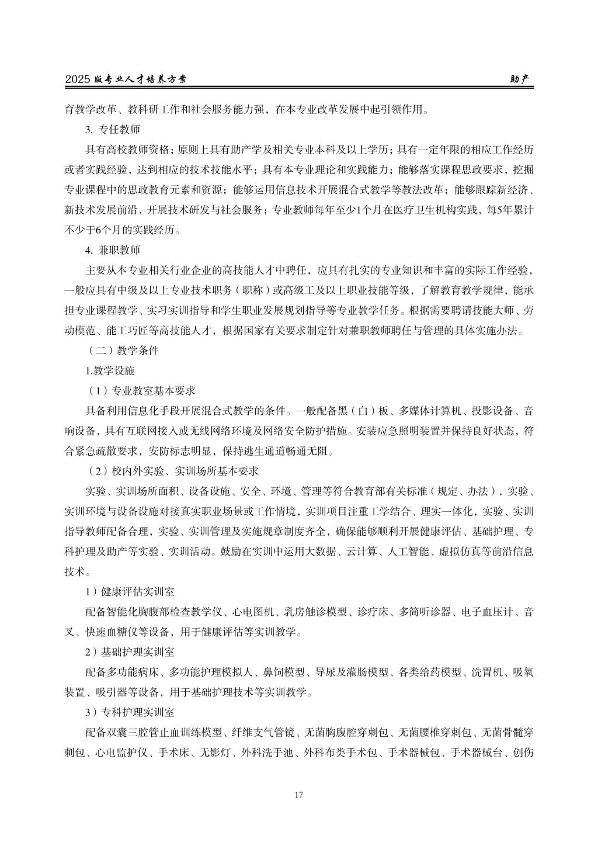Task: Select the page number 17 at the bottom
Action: pyautogui.click(x=299, y=795)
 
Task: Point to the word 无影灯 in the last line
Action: pyautogui.click(x=213, y=753)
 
